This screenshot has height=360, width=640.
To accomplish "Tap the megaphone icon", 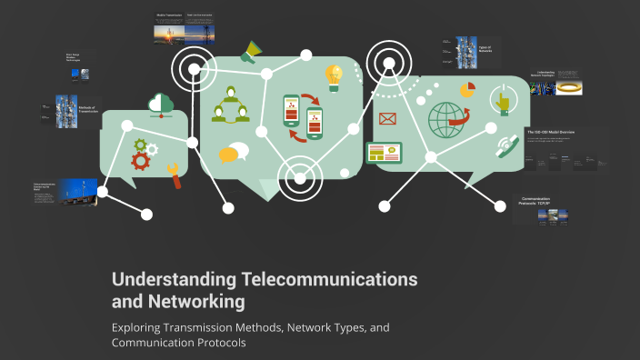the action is coord(250,54).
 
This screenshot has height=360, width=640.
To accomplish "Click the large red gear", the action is coord(141,161).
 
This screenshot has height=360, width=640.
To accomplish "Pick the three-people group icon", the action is coord(230,106).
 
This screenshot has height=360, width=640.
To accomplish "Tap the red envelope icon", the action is coord(388,118).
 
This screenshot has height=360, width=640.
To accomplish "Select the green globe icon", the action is coord(447,121).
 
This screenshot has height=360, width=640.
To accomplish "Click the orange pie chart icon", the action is coord(467,90).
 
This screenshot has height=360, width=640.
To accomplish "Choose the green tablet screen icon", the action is coord(384,153).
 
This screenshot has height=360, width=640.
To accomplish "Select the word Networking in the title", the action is coord(200,300).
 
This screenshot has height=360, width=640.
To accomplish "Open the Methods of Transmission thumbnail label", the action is coord(88,110).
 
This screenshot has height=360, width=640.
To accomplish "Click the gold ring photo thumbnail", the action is coord(570,87).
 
